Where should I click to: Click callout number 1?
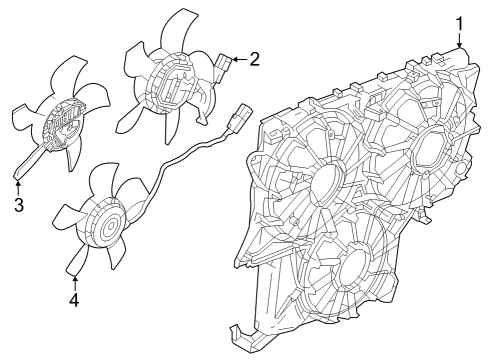[x=460, y=22]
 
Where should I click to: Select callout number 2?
[x=254, y=59]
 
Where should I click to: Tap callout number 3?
[x=18, y=205]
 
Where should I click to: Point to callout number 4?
[x=75, y=298]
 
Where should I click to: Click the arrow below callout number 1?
[x=460, y=41]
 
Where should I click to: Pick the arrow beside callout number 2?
[x=237, y=60]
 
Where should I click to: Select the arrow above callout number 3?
[x=18, y=187]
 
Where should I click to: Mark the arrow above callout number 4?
[x=75, y=280]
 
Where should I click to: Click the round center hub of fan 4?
[x=104, y=230]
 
